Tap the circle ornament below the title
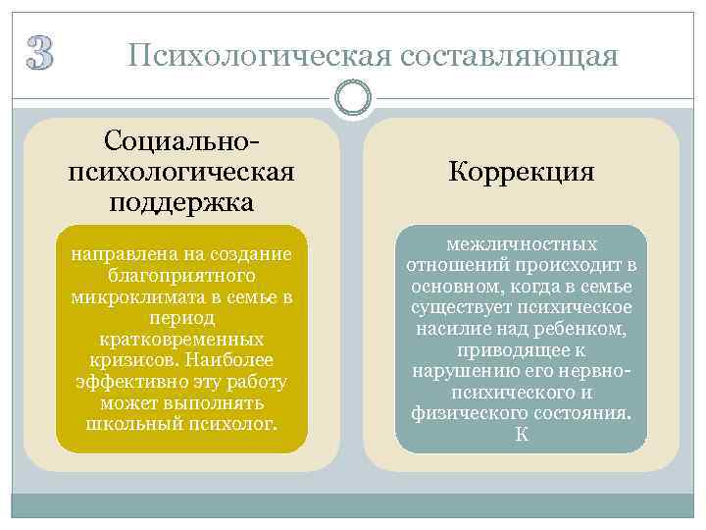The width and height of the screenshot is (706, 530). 352,98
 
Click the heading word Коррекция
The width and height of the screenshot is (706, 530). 521,173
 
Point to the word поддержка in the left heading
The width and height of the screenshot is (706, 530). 181,202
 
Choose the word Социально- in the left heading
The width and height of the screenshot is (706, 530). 181,143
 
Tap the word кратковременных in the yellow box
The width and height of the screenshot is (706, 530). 181,340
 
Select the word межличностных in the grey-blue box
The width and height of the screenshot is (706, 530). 521,243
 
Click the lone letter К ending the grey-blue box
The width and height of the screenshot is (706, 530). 521,435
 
